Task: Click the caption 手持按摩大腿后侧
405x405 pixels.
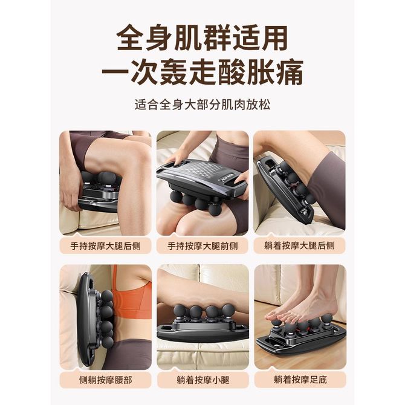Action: [105, 245]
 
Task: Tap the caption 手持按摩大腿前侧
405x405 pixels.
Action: [202, 245]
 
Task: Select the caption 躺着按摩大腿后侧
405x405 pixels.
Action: [299, 245]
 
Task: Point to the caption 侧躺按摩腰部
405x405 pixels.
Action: [105, 380]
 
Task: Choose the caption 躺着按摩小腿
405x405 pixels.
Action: [203, 380]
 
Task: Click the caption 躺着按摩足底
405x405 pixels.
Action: [300, 380]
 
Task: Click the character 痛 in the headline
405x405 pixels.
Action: [290, 73]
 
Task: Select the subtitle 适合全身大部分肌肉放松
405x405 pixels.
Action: [202, 105]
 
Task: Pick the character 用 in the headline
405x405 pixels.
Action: [274, 37]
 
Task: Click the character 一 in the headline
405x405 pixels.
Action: [115, 73]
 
